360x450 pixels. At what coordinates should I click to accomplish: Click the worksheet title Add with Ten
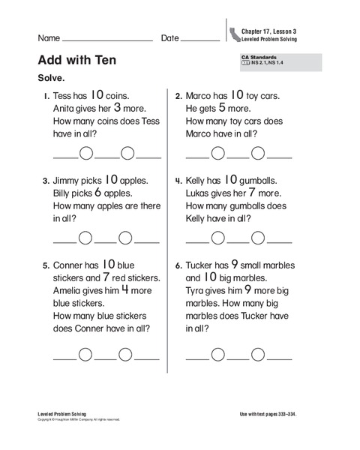pos(76,60)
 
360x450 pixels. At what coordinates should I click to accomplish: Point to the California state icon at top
pos(235,34)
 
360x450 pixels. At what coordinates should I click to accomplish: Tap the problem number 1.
pos(46,97)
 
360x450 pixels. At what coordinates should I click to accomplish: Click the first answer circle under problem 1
pos(86,154)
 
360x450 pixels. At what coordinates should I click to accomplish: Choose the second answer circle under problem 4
pos(258,238)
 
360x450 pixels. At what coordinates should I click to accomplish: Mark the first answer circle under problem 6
pos(217,355)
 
